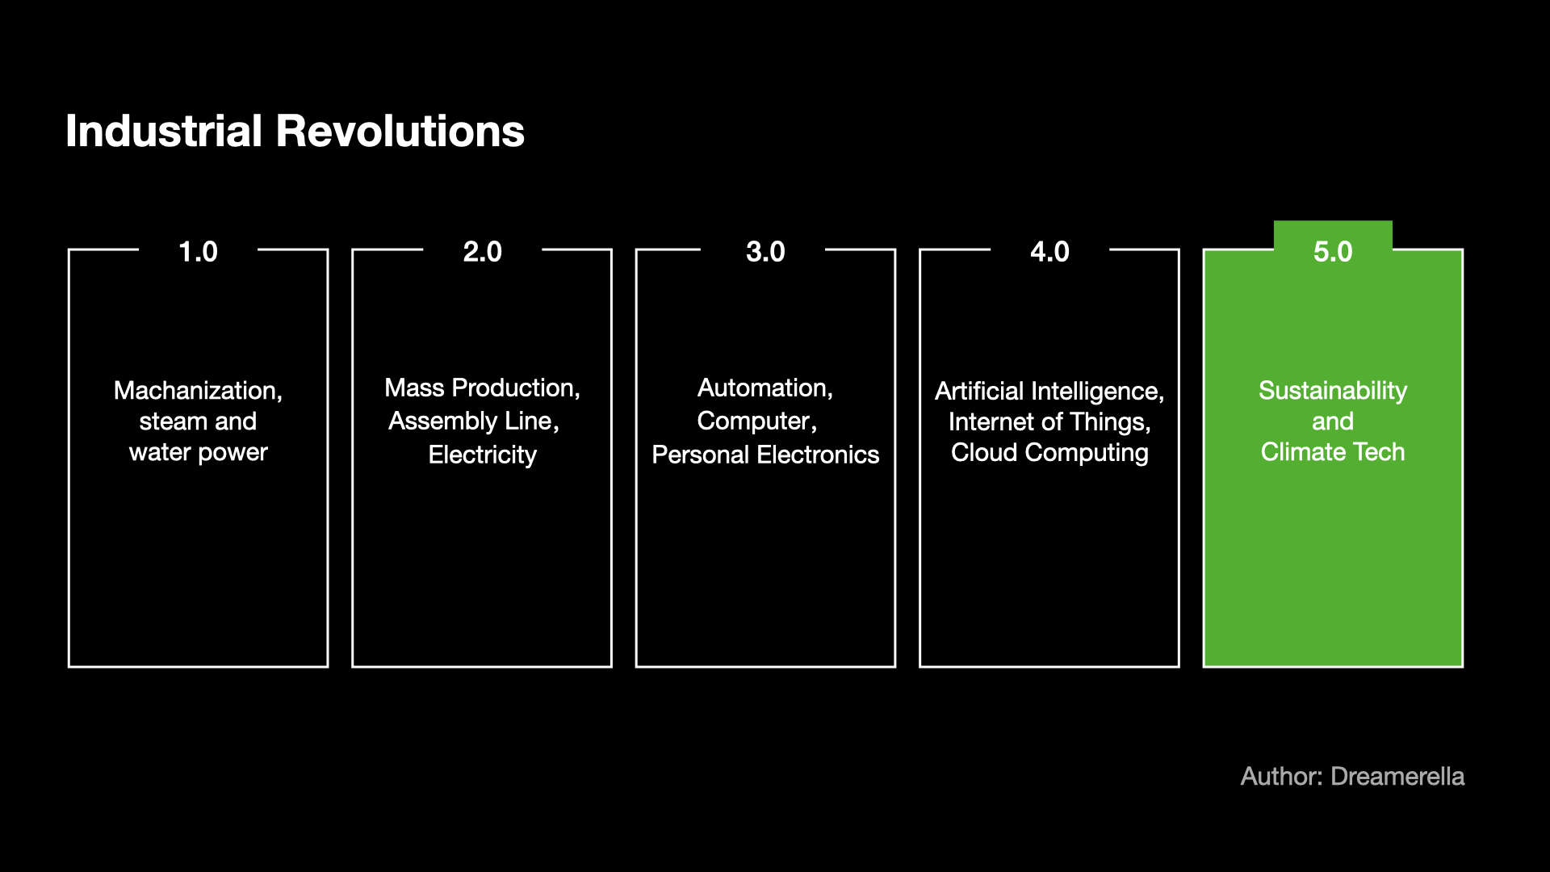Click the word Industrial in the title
click(164, 131)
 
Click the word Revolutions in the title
click(400, 131)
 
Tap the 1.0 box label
click(198, 252)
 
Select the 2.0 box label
click(483, 252)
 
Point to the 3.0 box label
click(765, 252)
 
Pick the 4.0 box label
click(1049, 252)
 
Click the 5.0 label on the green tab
click(1333, 252)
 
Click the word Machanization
click(196, 391)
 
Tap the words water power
click(198, 452)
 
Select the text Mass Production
click(480, 388)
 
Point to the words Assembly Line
click(471, 421)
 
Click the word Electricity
click(483, 455)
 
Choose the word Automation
click(763, 388)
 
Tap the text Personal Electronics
click(765, 455)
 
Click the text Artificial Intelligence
click(1048, 392)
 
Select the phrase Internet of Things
click(1048, 421)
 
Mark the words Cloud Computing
click(1049, 452)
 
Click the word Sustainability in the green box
click(1333, 391)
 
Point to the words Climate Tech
click(1333, 452)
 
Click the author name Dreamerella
click(1397, 777)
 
